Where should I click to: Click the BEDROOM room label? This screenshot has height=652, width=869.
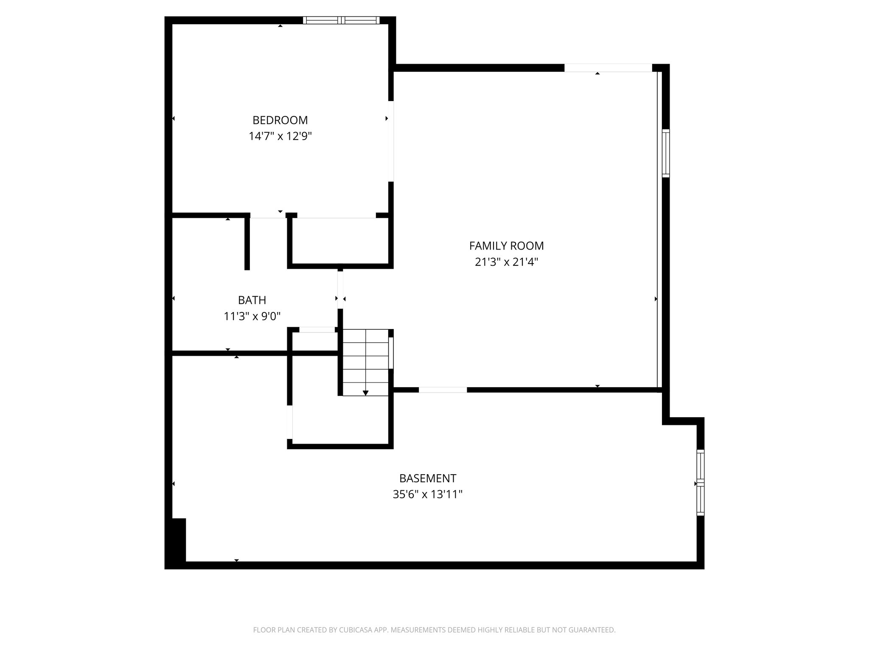click(280, 120)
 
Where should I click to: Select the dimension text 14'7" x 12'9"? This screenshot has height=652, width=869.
click(280, 136)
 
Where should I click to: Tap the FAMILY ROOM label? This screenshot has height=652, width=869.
click(506, 246)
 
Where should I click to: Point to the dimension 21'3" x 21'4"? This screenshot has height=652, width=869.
click(506, 262)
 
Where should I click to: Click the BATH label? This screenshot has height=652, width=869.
click(252, 300)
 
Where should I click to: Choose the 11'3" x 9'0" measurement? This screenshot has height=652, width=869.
click(252, 316)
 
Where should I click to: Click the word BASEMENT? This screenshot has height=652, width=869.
click(427, 478)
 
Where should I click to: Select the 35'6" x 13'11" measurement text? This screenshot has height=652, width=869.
click(427, 495)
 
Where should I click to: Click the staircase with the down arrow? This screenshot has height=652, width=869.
click(365, 362)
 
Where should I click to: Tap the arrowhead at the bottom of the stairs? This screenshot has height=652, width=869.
click(365, 393)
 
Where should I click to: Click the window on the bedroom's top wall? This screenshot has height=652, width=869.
click(342, 20)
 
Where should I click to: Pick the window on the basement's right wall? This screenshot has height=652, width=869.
click(701, 483)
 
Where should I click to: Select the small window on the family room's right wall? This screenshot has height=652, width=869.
click(666, 153)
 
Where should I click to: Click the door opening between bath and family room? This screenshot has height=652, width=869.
click(340, 289)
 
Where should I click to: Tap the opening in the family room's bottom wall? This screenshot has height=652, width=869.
click(443, 390)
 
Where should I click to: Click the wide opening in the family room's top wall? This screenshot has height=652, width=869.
click(608, 68)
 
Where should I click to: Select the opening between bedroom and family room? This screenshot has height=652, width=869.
click(391, 141)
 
